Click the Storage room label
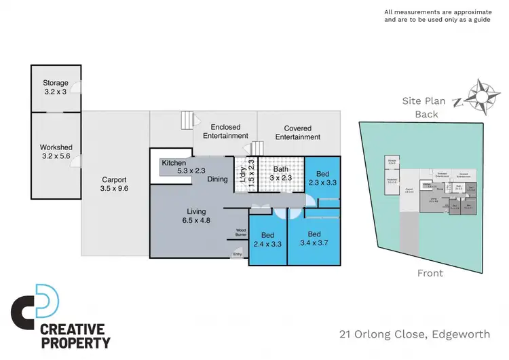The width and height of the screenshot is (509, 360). [56, 87]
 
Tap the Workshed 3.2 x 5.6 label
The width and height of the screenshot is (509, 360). [56, 151]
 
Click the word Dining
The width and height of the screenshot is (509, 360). [218, 179]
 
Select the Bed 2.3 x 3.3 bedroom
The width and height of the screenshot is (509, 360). [323, 177]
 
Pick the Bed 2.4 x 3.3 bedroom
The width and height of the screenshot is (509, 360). [268, 238]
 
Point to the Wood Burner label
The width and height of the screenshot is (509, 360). [242, 233]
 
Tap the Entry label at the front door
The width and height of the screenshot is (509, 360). [237, 255]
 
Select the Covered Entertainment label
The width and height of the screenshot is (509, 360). [297, 132]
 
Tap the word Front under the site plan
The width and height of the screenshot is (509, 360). [430, 273]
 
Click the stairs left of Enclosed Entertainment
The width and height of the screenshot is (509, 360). [187, 122]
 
